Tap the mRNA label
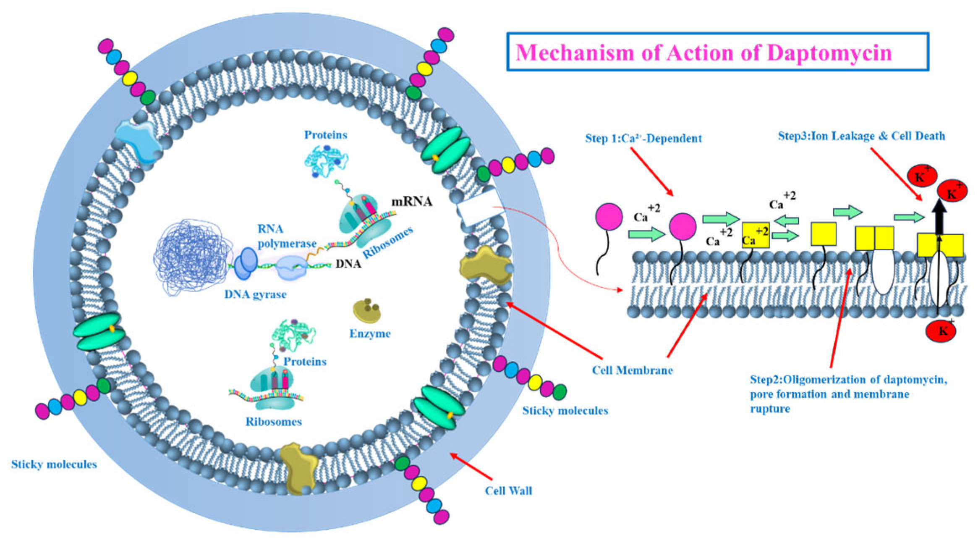(x=411, y=202)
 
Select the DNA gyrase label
(x=255, y=294)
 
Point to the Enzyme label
(x=370, y=334)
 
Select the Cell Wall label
(x=508, y=491)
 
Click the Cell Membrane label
(x=632, y=370)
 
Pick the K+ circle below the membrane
(x=941, y=331)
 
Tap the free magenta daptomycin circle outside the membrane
(x=609, y=217)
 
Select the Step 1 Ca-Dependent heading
(x=643, y=139)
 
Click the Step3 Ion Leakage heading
(x=861, y=136)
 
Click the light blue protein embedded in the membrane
(x=138, y=141)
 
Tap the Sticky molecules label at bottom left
(x=54, y=464)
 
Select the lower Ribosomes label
(x=273, y=422)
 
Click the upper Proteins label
(x=326, y=135)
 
